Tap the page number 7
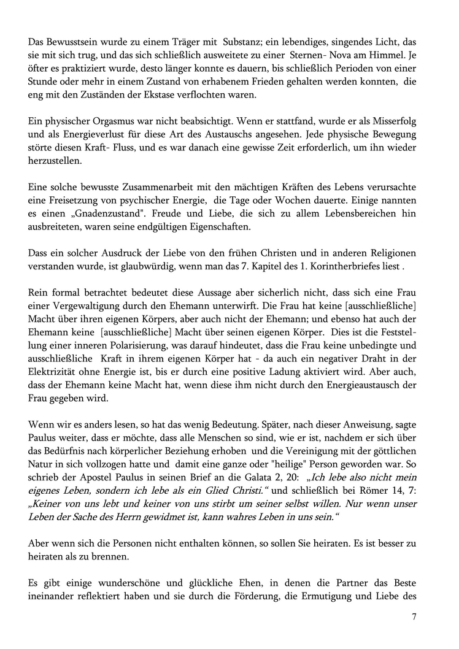414,618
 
